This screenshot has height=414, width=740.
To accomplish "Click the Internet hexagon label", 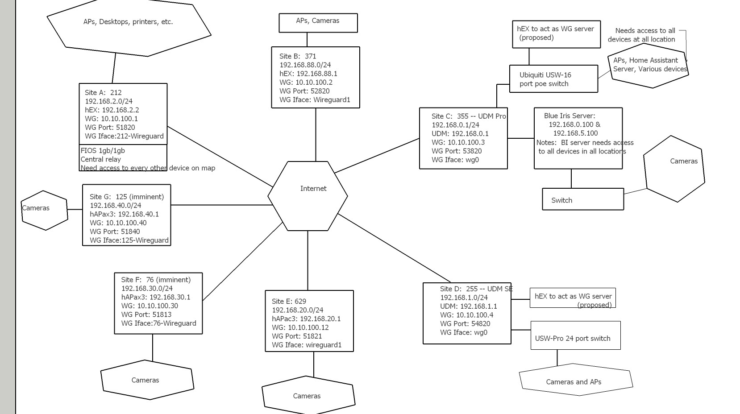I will point(313,189).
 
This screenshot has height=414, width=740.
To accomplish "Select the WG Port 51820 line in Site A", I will point(109,128).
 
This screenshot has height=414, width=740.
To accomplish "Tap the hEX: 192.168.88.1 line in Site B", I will point(308,74).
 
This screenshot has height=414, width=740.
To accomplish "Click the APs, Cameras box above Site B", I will point(318,22).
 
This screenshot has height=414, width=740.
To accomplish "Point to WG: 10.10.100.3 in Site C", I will point(458,142).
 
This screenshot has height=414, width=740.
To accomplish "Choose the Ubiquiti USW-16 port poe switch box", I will point(553,79).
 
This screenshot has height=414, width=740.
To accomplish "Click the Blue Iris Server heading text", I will point(569,116).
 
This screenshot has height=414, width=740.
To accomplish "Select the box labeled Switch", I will point(582,199).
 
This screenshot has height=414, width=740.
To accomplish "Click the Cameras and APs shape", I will point(575,381).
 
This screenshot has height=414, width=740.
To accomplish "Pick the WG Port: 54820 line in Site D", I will point(465,324).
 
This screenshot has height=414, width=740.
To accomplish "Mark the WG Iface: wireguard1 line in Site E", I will point(306,345).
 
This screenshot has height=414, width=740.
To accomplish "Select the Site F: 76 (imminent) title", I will point(155,280).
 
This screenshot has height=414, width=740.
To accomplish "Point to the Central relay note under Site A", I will point(101,159).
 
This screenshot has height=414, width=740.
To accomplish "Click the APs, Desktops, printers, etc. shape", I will point(128,27).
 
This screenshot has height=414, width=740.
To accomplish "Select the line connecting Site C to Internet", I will point(377,156).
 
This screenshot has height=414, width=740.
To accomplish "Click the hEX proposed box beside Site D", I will point(572,298).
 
